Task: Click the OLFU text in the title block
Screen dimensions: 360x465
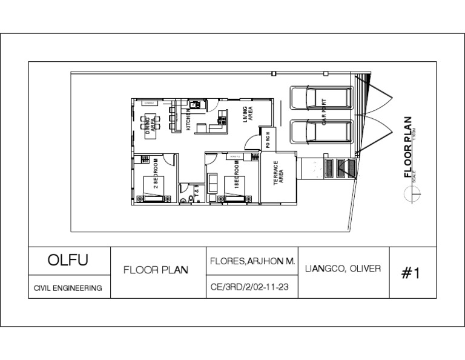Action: [68, 261]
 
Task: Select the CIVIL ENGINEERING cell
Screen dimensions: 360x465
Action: [68, 288]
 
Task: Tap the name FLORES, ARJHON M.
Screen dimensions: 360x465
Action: [252, 261]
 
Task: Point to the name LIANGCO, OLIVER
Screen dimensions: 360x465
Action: [344, 268]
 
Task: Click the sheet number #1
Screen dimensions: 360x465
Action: [411, 273]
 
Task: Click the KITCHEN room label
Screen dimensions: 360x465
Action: [188, 119]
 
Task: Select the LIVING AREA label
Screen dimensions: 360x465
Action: [248, 114]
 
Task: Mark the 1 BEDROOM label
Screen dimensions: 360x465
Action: [237, 175]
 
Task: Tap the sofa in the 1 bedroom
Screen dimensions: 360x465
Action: [213, 182]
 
